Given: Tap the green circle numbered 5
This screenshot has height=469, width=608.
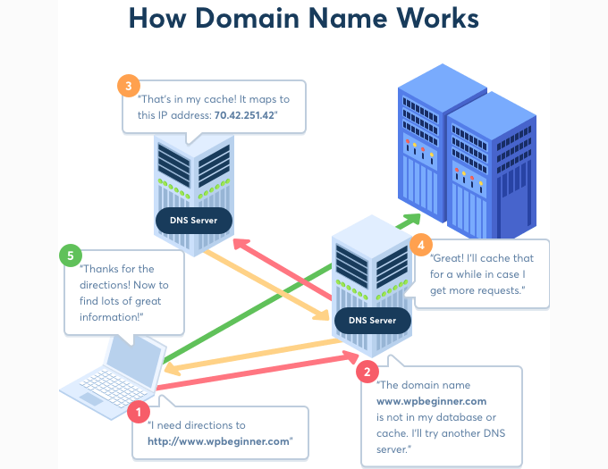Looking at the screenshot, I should [70, 255].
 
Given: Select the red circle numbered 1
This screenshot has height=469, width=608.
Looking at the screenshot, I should [139, 411].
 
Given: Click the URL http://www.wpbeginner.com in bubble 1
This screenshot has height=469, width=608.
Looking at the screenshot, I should [221, 441].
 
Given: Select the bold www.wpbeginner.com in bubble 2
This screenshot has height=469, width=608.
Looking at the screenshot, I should [431, 401].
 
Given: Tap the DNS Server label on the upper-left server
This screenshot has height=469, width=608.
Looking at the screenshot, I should [193, 219].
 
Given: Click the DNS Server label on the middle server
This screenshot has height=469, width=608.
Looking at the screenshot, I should [372, 320].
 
